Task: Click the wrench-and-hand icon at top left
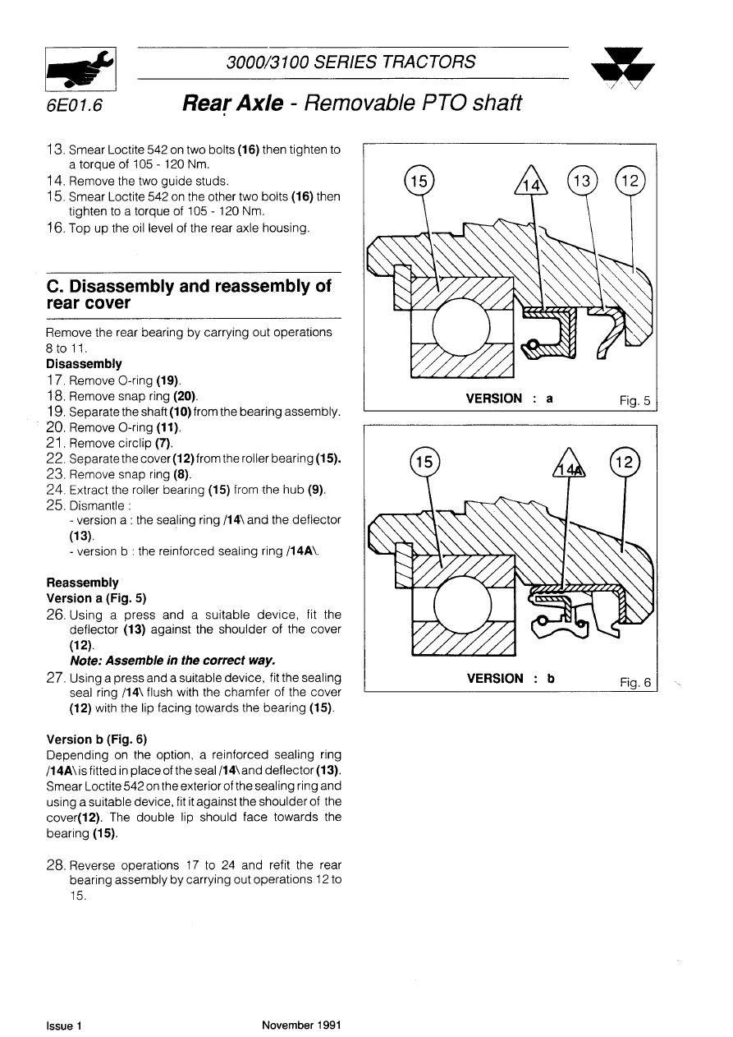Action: tap(80, 68)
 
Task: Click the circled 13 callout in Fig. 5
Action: tap(584, 182)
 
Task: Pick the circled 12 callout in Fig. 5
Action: tap(630, 182)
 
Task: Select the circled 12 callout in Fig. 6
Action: tap(625, 463)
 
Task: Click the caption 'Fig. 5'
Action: tap(635, 401)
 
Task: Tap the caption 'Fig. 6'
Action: tap(635, 682)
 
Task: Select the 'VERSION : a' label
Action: tap(509, 399)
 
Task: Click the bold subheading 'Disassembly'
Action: tap(85, 363)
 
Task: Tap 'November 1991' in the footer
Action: tap(301, 1025)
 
